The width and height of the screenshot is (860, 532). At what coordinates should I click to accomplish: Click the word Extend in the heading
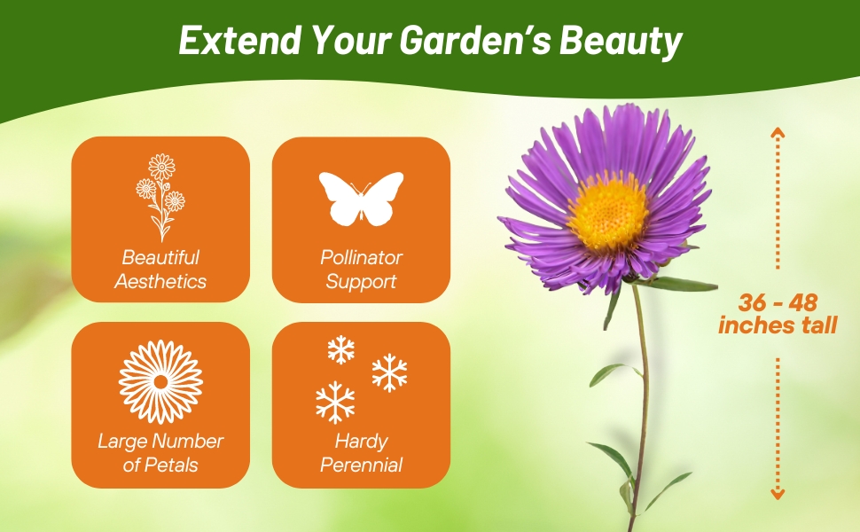[x=240, y=40]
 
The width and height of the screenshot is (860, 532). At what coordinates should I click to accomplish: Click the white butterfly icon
[x=361, y=199]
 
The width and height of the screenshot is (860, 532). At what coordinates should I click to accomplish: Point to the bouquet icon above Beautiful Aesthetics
[x=160, y=198]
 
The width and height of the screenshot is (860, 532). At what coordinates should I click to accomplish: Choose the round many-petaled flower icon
[x=160, y=382]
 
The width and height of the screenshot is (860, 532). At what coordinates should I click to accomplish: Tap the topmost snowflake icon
[x=341, y=349]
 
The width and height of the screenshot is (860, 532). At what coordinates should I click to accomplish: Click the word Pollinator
[x=361, y=257]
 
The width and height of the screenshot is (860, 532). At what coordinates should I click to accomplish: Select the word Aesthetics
[x=160, y=281]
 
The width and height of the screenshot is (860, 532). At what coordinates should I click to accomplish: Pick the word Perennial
[x=361, y=465]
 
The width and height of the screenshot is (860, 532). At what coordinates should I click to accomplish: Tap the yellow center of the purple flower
[x=607, y=211]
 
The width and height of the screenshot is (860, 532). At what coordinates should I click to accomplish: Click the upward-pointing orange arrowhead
[x=778, y=132]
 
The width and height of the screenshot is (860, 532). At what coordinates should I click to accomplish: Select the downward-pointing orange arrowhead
[x=778, y=494]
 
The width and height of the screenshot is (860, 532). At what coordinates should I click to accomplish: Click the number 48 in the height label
[x=802, y=302]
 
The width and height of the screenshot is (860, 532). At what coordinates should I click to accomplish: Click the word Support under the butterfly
[x=361, y=283]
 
